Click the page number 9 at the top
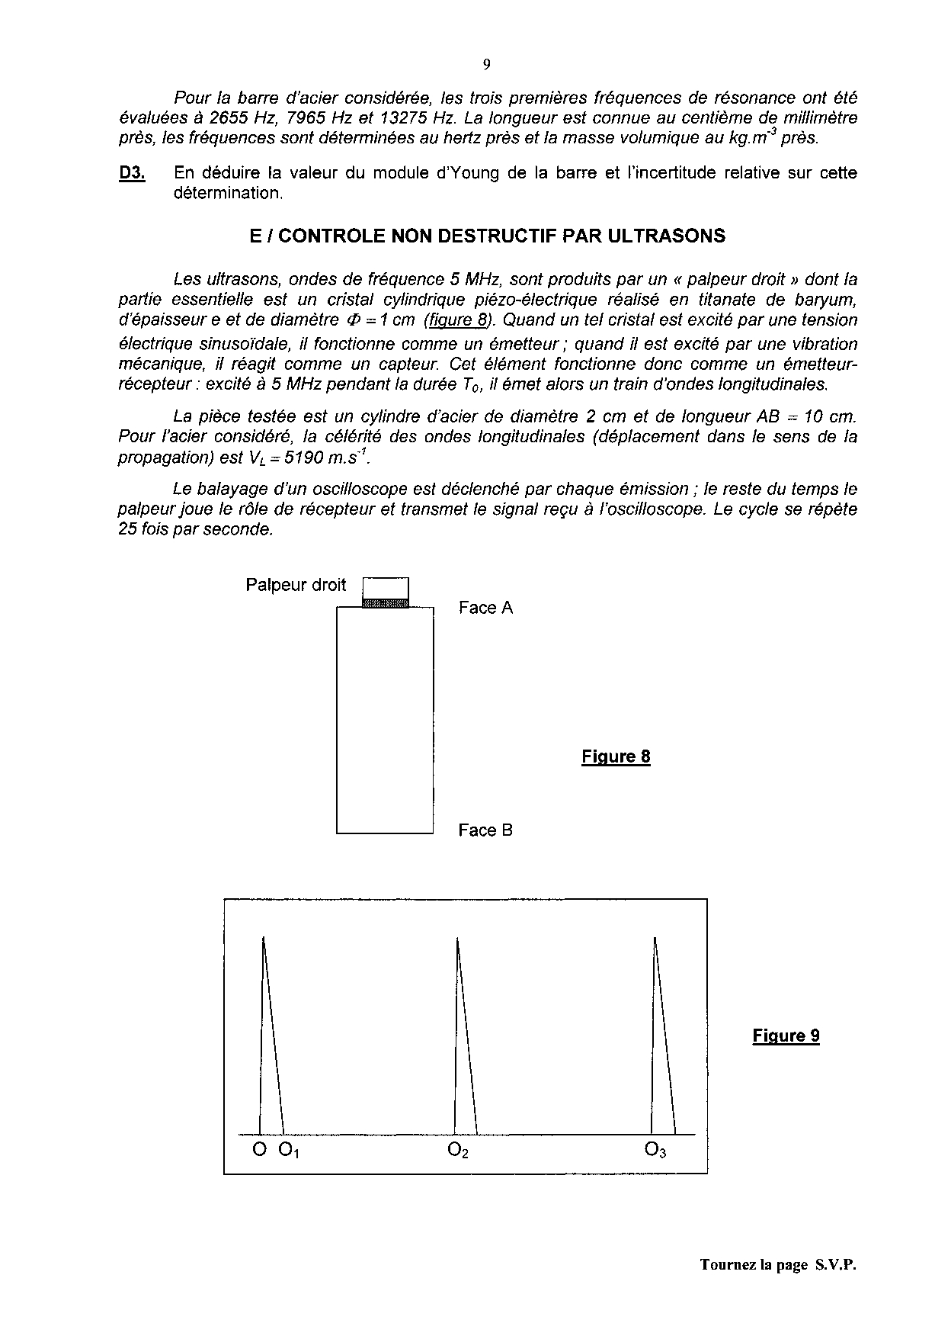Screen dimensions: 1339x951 486,64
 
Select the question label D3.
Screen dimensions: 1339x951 132,173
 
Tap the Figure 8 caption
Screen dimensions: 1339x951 616,756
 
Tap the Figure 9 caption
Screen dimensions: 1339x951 786,1036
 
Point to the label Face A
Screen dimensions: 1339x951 485,608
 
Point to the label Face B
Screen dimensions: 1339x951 485,830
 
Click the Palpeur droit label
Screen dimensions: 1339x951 296,585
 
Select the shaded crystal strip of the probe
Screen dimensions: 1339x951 386,603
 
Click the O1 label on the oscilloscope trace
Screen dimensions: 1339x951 289,1151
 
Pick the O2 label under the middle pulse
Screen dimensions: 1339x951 458,1151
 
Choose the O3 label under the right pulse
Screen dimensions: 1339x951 655,1151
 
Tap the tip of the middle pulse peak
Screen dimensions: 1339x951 457,938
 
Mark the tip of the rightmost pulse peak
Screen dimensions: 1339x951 655,937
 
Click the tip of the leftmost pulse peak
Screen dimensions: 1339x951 264,937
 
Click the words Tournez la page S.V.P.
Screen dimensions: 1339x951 778,1265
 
